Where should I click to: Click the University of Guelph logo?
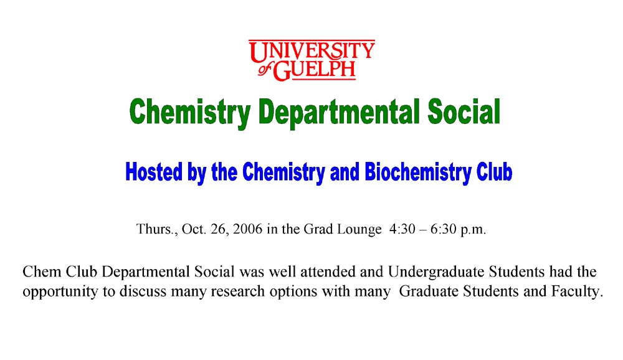click(x=312, y=60)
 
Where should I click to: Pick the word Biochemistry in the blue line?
click(x=415, y=171)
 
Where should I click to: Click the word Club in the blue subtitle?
click(x=495, y=171)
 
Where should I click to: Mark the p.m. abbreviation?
click(x=473, y=230)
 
